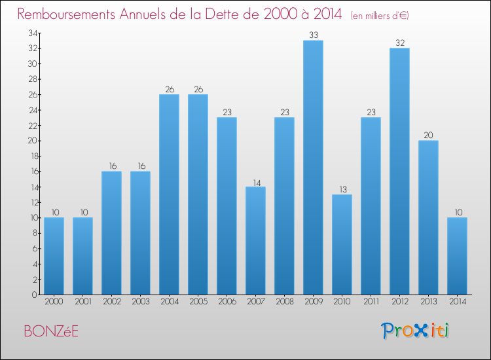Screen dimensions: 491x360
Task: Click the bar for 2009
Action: (313, 168)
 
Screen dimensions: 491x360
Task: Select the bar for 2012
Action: (399, 171)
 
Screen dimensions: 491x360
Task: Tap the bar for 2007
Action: (255, 241)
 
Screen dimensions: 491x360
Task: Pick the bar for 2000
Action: (54, 256)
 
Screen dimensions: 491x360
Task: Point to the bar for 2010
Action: (342, 245)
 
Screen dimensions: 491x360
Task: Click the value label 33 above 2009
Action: (314, 35)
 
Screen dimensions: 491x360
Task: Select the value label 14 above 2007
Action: (257, 183)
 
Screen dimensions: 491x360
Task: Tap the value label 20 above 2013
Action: (428, 135)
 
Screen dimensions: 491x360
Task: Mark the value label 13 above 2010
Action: (343, 189)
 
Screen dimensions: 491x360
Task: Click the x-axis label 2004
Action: (170, 302)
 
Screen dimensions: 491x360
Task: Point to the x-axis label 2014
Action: (458, 302)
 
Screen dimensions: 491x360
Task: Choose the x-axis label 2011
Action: (371, 302)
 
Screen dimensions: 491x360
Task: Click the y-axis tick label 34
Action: (33, 33)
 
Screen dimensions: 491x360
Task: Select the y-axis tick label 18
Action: (34, 156)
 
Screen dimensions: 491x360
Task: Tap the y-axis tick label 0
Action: (35, 295)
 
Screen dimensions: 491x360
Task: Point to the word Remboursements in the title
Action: (66, 14)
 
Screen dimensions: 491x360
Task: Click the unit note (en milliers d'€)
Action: (380, 16)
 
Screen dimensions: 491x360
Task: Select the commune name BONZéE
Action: (51, 331)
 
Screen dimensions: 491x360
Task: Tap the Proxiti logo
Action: (415, 331)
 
